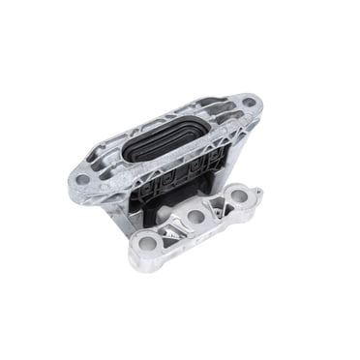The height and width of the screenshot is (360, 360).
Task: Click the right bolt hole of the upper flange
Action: click(249, 102)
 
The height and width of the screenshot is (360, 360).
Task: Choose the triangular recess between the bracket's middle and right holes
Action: click(217, 206)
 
